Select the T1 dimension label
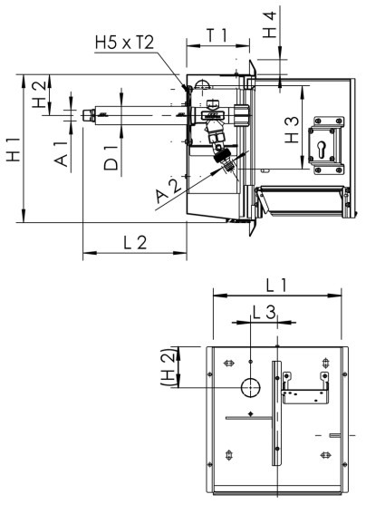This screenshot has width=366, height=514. [x=216, y=35]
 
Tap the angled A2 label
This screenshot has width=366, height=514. [x=167, y=189]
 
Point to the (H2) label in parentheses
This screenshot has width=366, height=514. [x=167, y=367]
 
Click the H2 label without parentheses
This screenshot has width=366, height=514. [x=37, y=94]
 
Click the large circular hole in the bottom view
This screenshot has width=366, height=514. [x=249, y=388]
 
